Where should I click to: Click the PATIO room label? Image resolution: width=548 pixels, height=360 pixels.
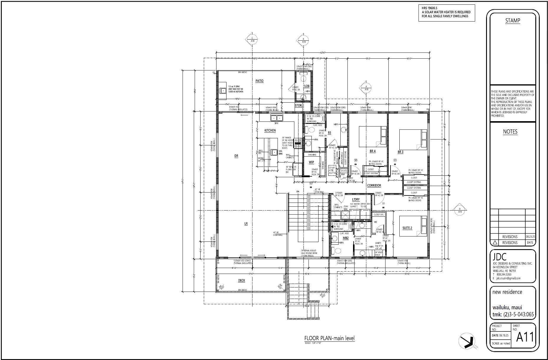[x=259, y=81]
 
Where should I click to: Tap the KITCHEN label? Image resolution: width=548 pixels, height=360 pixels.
[x=270, y=130]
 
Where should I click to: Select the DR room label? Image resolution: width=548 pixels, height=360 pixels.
[x=236, y=156]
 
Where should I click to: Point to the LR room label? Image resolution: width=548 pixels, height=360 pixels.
[x=246, y=224]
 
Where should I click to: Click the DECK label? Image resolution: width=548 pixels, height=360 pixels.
[x=241, y=281]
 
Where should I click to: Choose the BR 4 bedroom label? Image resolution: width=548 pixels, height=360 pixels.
[x=373, y=151]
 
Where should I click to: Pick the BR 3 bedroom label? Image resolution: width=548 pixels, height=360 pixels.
[x=400, y=152]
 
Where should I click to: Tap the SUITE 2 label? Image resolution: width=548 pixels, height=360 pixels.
[x=407, y=228]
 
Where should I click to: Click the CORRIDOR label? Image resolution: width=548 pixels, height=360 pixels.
[x=374, y=186]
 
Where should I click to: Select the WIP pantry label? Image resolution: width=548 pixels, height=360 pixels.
[x=311, y=162]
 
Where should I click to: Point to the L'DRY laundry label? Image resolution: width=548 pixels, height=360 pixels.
[x=356, y=200]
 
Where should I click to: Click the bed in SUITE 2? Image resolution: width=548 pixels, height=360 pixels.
[x=413, y=226]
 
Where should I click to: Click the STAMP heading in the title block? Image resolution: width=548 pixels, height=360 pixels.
[x=512, y=21]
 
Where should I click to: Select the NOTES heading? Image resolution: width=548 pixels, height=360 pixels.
[x=510, y=132]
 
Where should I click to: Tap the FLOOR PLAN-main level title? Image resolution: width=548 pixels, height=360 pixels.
[x=329, y=338]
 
